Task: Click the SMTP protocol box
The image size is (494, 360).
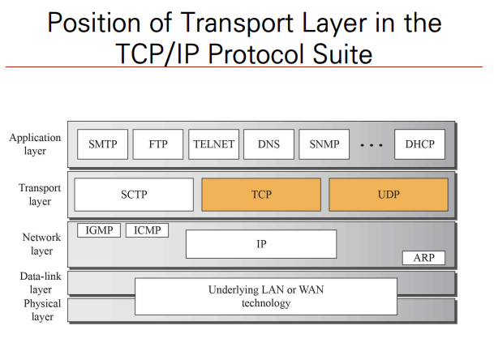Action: [x=103, y=144]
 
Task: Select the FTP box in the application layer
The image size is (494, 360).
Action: [x=158, y=144]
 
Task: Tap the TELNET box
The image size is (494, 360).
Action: [x=213, y=144]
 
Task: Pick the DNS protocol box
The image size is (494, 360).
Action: [x=268, y=144]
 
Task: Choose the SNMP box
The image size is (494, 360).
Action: [x=324, y=144]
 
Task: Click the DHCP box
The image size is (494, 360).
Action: [x=419, y=144]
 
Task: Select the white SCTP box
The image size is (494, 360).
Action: [x=134, y=195]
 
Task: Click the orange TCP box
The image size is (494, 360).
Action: [x=260, y=195]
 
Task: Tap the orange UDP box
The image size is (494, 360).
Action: [x=388, y=195]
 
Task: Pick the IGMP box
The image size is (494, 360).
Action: [x=98, y=231]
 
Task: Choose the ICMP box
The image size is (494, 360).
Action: [x=147, y=231]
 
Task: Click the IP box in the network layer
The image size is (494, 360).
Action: [x=261, y=243]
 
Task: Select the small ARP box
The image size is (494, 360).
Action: [x=423, y=258]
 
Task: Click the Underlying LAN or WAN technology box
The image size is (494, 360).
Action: [x=265, y=296]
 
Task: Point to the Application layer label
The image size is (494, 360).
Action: [x=35, y=144]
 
